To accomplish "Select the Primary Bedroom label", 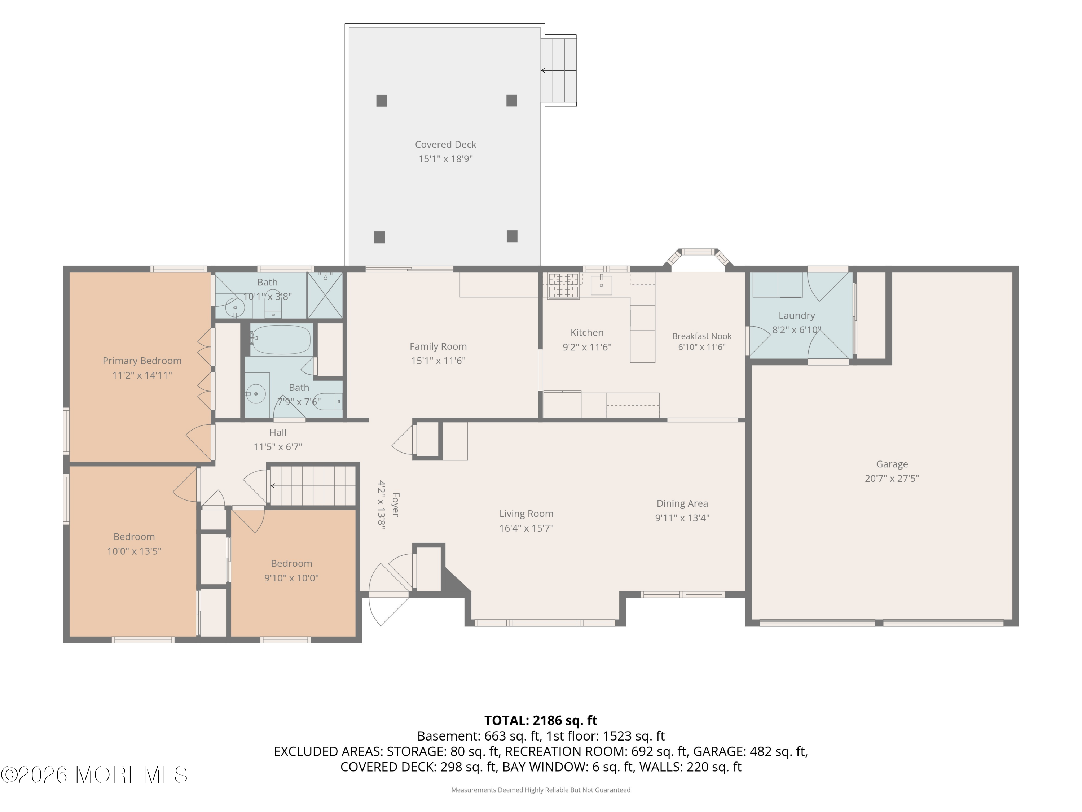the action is tap(142, 361).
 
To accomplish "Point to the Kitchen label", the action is tap(586, 333).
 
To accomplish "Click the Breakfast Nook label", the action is tap(701, 336).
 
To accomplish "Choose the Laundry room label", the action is tap(796, 316).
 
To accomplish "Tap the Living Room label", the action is tap(526, 514).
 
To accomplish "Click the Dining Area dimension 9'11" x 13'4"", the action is tap(682, 518).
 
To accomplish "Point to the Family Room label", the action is tap(438, 346).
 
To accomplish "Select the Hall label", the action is tap(277, 433).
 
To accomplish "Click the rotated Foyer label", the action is tap(396, 505).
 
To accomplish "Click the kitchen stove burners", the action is tap(563, 286).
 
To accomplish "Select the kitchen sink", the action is tap(601, 284).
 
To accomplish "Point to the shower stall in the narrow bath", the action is tap(325, 295).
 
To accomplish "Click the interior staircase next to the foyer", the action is tap(313, 485).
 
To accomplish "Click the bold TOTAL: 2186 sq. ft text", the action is tap(541, 720).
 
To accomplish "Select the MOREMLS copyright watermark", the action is tap(94, 775).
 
